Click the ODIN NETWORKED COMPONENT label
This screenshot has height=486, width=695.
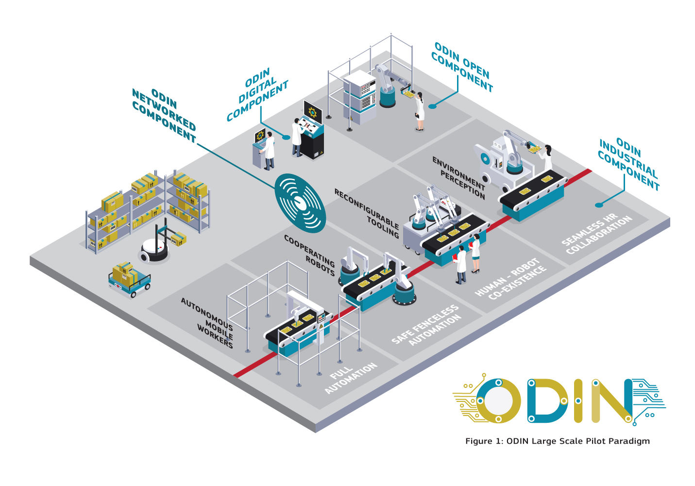tap(164, 116)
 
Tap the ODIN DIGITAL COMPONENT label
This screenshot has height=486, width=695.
tap(257, 94)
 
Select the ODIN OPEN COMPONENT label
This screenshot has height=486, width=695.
tap(462, 67)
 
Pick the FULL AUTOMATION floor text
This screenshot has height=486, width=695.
tap(351, 378)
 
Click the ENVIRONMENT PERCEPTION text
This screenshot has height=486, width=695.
tap(459, 177)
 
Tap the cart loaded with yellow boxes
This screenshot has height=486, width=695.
tap(129, 279)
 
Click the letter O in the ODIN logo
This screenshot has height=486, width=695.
tap(498, 401)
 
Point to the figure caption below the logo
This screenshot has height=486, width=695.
tap(558, 441)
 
